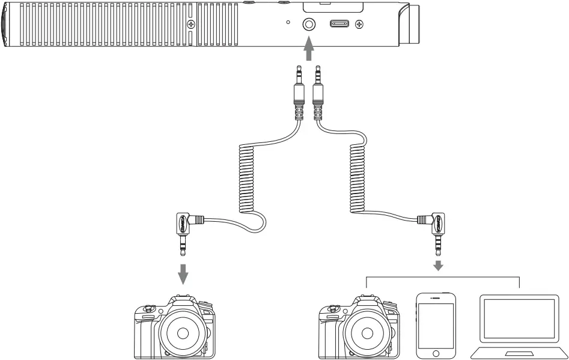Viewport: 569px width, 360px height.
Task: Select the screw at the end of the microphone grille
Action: coord(191,25)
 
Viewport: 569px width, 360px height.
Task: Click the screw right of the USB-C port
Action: coord(359,25)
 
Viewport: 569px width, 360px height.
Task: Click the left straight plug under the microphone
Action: coord(299,90)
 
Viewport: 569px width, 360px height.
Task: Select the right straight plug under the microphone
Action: coord(318,90)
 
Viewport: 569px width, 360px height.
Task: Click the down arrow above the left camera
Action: coord(183,274)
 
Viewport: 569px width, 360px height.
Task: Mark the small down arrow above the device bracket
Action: coord(439,265)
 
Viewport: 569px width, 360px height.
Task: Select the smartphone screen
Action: coord(436,325)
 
